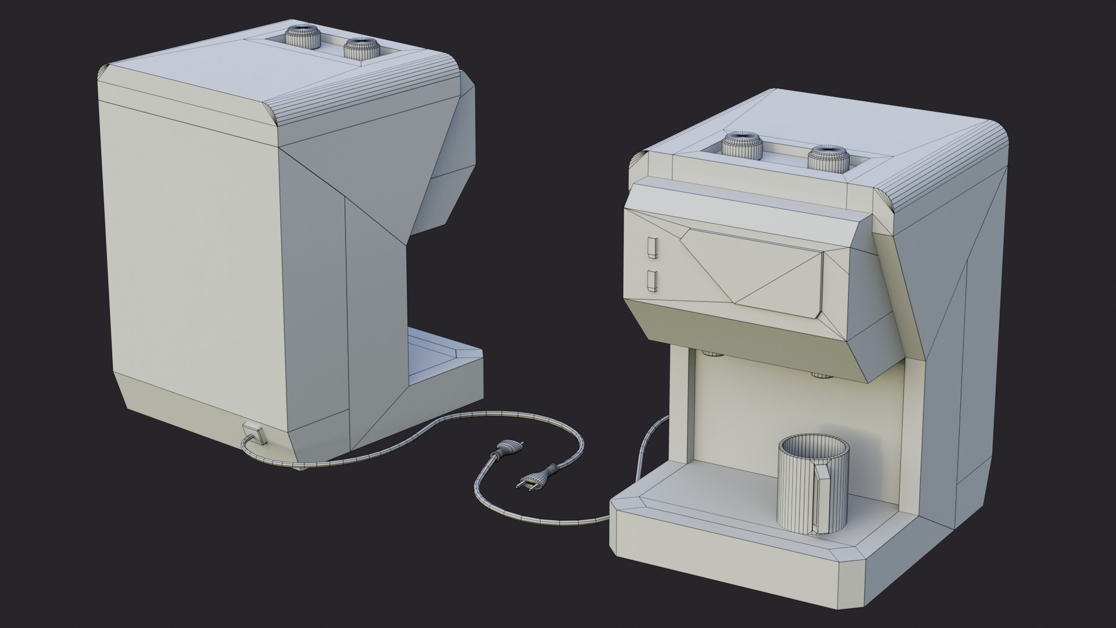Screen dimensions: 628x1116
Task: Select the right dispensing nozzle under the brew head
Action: [821, 375]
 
